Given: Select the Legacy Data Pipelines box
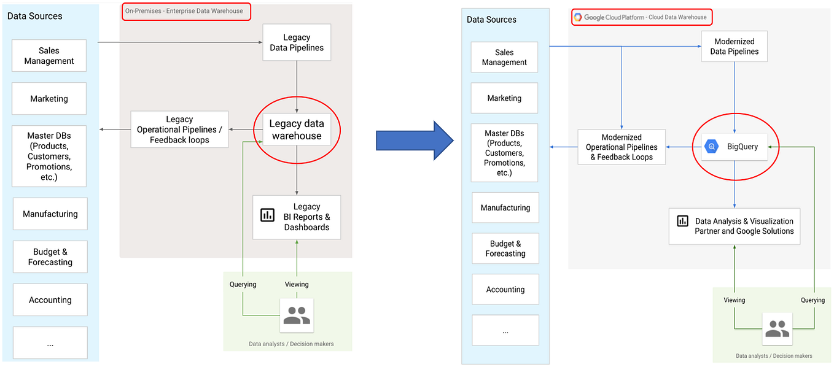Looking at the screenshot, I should (297, 42).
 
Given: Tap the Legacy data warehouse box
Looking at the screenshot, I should (297, 130).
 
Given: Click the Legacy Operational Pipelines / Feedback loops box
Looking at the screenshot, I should (179, 129).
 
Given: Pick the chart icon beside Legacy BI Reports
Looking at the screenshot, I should (267, 215).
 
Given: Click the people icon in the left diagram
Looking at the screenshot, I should (297, 315).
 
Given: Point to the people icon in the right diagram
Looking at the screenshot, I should (777, 329).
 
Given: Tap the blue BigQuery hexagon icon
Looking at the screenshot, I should (712, 147).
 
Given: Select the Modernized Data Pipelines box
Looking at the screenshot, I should (735, 47).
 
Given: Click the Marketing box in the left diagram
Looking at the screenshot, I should (49, 99).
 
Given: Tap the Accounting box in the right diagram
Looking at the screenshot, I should (505, 290).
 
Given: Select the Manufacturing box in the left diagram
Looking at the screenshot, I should (50, 214).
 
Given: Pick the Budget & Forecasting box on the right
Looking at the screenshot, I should (505, 249).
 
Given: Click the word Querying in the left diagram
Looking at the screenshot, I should (243, 284).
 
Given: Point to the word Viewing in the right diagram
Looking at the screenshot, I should (734, 300).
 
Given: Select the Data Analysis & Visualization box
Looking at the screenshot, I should (734, 226).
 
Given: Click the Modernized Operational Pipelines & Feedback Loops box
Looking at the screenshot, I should (622, 147).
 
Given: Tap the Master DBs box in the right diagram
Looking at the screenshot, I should (504, 153).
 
